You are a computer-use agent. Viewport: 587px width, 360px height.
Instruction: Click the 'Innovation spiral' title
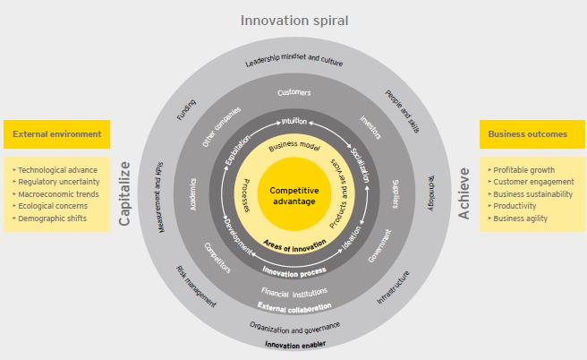point(294,21)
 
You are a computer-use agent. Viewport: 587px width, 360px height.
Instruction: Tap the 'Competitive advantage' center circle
point(294,194)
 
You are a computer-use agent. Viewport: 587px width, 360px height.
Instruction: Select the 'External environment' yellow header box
point(57,134)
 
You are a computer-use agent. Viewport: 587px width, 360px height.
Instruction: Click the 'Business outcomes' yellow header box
point(532,134)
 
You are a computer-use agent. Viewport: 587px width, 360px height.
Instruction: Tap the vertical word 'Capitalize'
point(124,193)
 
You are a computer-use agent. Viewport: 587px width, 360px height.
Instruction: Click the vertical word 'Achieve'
point(464,193)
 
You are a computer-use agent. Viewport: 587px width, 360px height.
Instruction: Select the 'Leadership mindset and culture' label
point(294,60)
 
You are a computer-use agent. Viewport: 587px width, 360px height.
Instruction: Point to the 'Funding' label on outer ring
point(186,110)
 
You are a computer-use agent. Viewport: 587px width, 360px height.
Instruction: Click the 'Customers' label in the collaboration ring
point(294,92)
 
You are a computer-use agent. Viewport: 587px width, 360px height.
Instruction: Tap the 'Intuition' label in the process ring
point(294,122)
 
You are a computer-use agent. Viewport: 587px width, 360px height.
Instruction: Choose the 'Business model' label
point(294,146)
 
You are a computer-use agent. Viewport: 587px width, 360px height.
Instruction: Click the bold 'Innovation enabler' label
point(295,345)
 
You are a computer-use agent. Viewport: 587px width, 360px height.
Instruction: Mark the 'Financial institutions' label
point(294,293)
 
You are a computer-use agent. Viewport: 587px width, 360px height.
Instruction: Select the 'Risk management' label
point(196,287)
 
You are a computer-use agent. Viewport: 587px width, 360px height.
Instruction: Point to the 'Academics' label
point(193,194)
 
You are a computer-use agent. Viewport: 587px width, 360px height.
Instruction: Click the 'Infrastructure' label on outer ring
point(393,287)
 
